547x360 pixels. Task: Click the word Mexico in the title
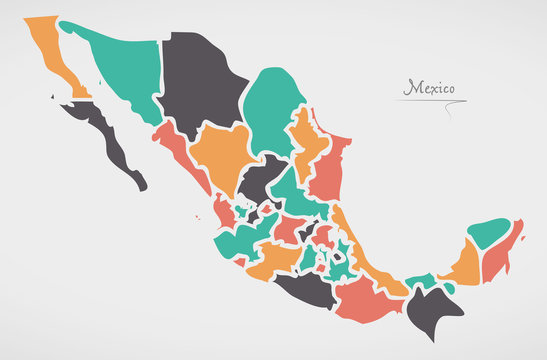point(428,88)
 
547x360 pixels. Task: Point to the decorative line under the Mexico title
point(430,101)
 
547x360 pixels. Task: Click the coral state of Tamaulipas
point(328,170)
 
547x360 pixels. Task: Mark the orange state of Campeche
point(461,265)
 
